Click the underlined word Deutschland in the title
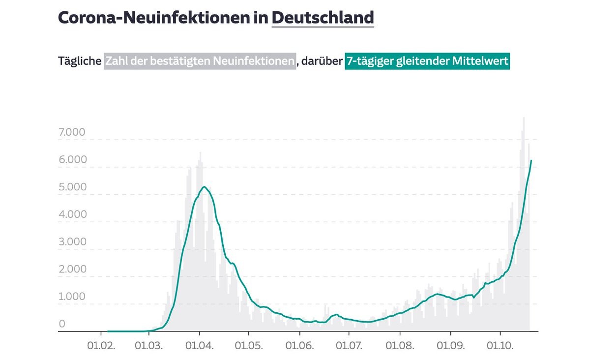pyautogui.click(x=323, y=18)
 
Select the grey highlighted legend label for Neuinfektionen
pyautogui.click(x=200, y=61)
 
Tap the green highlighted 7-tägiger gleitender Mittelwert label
pyautogui.click(x=427, y=61)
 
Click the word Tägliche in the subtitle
pyautogui.click(x=79, y=61)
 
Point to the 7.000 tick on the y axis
pyautogui.click(x=72, y=132)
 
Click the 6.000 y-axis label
pyautogui.click(x=72, y=160)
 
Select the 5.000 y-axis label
pyautogui.click(x=72, y=187)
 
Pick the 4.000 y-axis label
pyautogui.click(x=72, y=214)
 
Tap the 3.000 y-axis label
pyautogui.click(x=72, y=242)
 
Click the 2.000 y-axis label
pyautogui.click(x=72, y=270)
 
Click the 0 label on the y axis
pyautogui.click(x=62, y=324)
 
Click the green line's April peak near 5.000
pyautogui.click(x=205, y=187)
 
